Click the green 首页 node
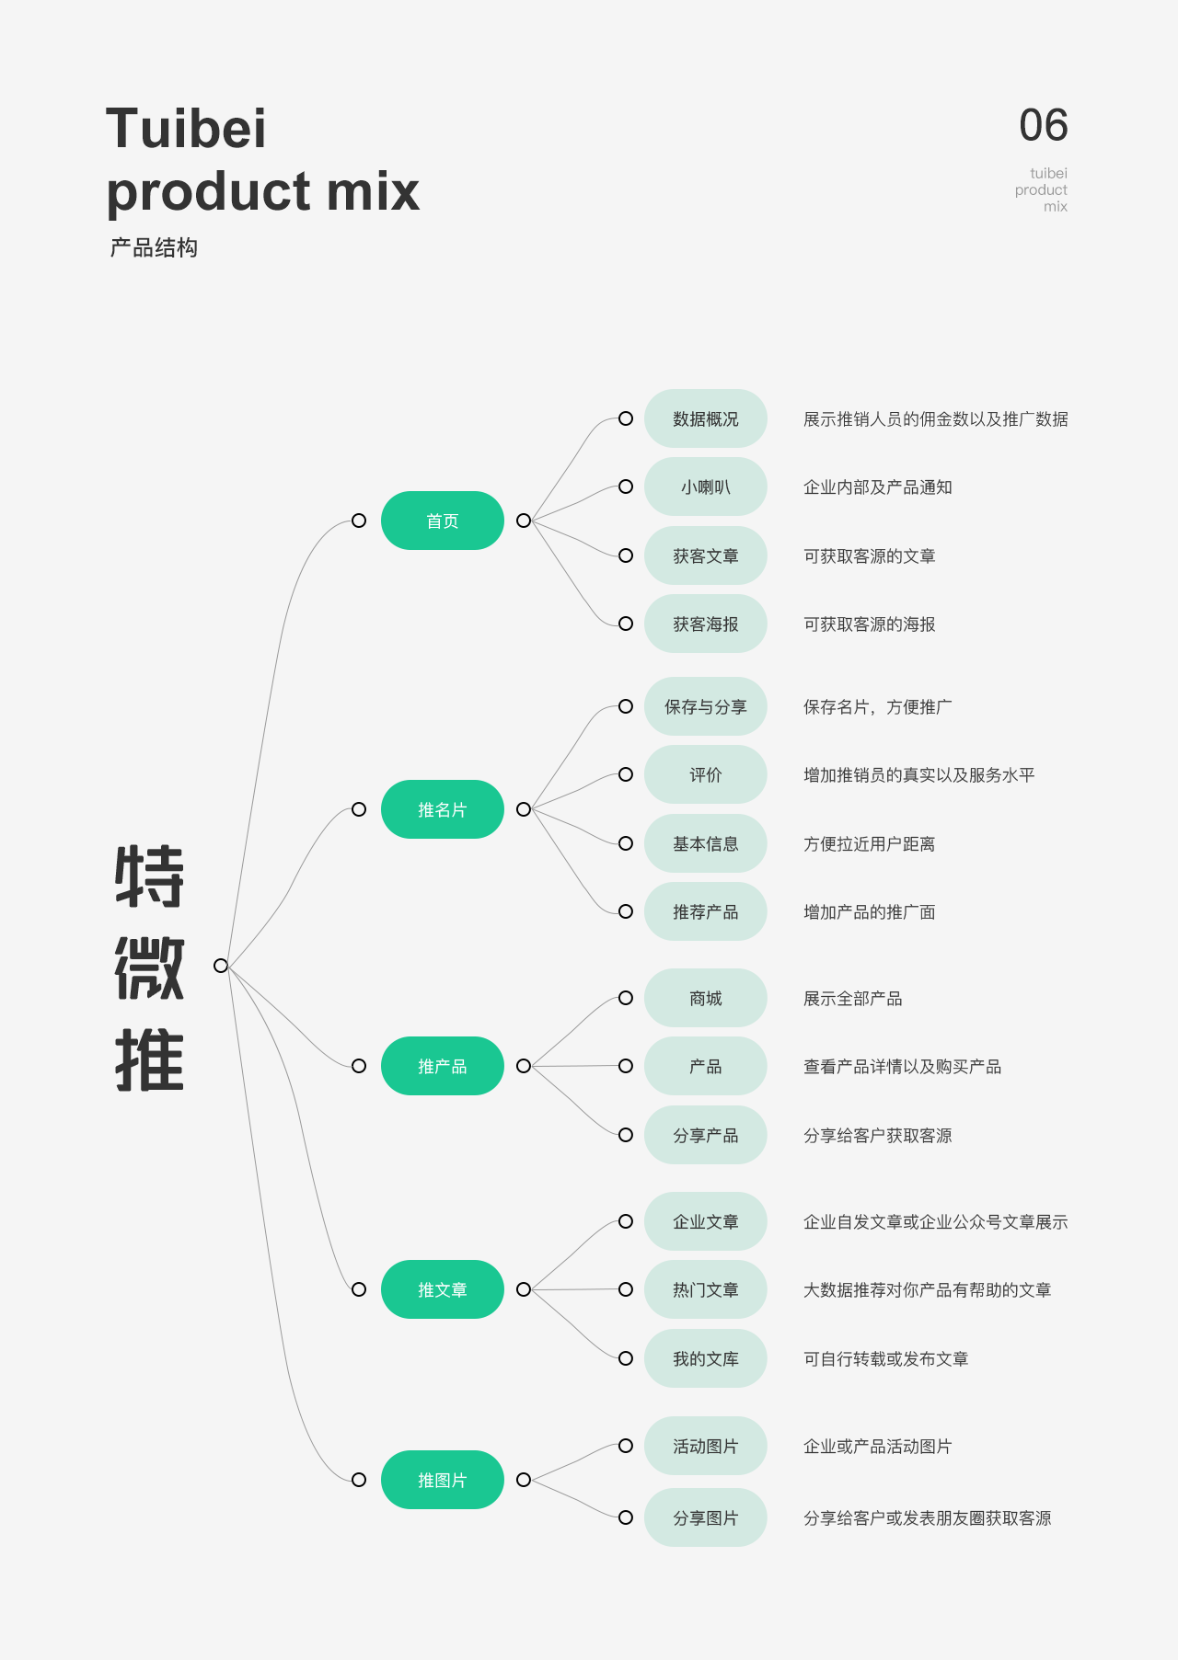click(442, 521)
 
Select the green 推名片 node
click(442, 809)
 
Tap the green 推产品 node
click(442, 1066)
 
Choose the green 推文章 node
click(442, 1289)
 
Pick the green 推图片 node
click(442, 1480)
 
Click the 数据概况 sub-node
click(705, 418)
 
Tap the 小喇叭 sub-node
click(705, 487)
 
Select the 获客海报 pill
click(705, 624)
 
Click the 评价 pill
click(705, 774)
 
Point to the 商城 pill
click(705, 998)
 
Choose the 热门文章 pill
click(705, 1289)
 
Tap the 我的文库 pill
click(705, 1358)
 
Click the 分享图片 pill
click(705, 1517)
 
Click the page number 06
click(1043, 125)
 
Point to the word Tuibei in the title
click(186, 128)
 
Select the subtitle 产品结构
click(154, 247)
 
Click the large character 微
click(149, 968)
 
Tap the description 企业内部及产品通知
click(877, 487)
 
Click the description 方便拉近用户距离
click(869, 843)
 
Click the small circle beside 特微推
click(221, 965)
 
